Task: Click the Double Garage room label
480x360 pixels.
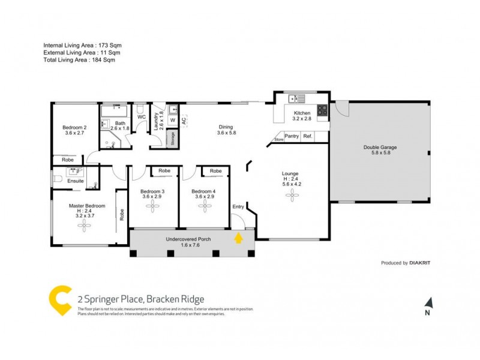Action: pos(380,147)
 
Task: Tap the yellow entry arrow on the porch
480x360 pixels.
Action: pos(238,238)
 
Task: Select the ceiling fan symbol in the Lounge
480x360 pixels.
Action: pos(291,194)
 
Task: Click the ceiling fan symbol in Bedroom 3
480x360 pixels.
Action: pos(154,206)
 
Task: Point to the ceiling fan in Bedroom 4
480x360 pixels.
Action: pos(205,206)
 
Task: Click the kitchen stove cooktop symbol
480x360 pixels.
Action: pos(322,110)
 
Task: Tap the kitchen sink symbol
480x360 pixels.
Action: pos(296,98)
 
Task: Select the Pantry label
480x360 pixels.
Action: pos(292,137)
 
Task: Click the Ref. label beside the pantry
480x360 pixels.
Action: pos(308,137)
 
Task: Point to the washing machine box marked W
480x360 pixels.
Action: pos(172,120)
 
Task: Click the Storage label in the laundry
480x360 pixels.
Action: pos(173,139)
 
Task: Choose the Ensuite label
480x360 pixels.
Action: pos(76,180)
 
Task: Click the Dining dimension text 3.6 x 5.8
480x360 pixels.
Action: pos(226,133)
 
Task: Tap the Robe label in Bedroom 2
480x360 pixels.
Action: pos(68,160)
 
